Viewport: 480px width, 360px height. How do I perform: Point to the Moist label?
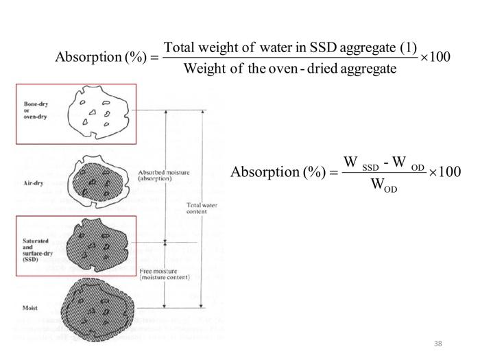[29, 309]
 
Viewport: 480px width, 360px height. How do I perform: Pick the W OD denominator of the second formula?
[383, 185]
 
